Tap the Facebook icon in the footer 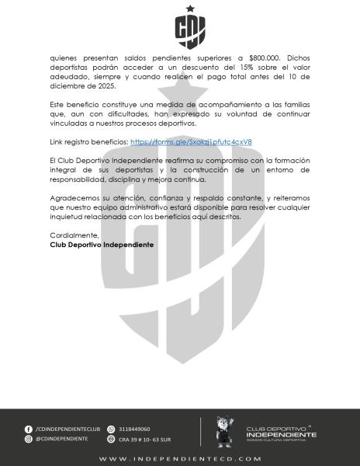coord(29,429)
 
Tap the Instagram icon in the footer coord(29,438)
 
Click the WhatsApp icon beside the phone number coord(111,429)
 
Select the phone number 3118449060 coord(134,429)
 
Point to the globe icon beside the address coord(111,439)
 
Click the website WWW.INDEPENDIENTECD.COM coord(180,459)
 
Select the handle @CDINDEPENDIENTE coord(62,438)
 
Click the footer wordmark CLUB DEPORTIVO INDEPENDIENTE coord(281,433)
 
